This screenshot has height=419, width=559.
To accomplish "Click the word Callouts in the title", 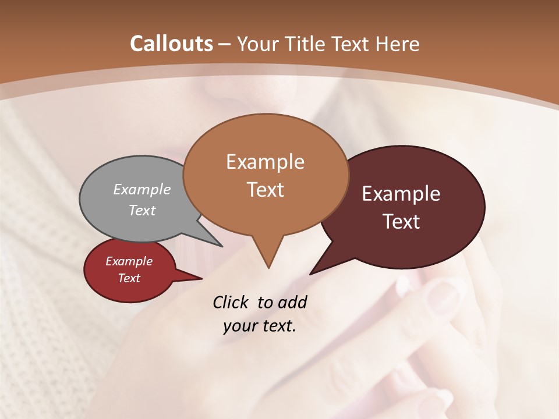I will pos(171,44).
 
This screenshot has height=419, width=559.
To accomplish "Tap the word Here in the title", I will pos(397,44).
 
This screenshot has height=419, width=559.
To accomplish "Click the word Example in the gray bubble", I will pos(142,189).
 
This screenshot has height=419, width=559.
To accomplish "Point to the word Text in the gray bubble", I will pos(142,210).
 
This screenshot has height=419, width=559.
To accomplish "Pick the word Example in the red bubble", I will pos(129,261).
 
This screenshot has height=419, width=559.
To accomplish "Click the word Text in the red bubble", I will pos(129,278).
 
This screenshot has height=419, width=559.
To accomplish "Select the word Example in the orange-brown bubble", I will pos(265,162).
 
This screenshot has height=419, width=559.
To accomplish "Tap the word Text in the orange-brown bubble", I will pos(265,190).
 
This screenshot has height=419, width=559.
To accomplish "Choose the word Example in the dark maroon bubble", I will pos(401,194).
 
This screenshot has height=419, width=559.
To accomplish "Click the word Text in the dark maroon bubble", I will pos(401,222).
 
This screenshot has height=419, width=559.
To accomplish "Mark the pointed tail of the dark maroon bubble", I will pos(312,272).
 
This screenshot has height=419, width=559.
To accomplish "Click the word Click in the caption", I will pos(232,302).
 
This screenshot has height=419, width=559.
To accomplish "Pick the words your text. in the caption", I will pos(260,326).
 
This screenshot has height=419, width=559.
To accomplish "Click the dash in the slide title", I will pos(225,44).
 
